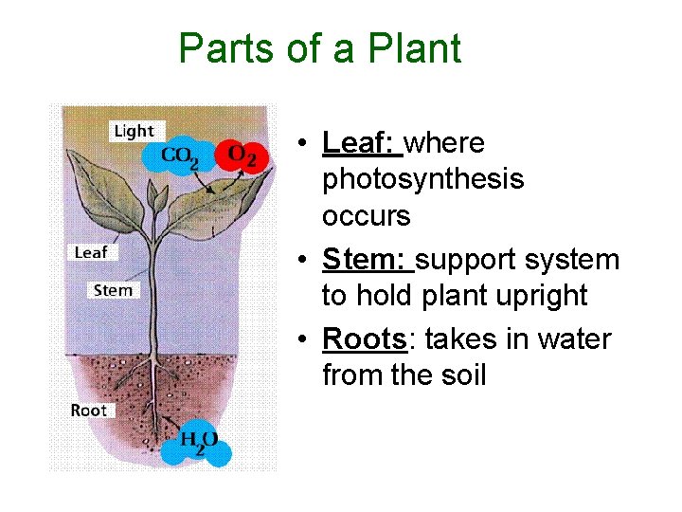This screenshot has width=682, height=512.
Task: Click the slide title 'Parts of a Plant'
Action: coord(320,48)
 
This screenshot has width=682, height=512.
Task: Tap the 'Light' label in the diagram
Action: coord(134,131)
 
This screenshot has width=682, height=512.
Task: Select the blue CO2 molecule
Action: coord(180,155)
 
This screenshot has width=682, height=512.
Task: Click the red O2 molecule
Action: coord(242,155)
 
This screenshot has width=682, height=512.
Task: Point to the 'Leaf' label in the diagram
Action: coord(91,252)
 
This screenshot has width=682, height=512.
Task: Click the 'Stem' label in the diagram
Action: coord(113,290)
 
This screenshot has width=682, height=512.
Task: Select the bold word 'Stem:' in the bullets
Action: coord(366,260)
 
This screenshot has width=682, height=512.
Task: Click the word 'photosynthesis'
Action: coord(422,179)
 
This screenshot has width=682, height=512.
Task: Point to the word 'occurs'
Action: coord(366,216)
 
